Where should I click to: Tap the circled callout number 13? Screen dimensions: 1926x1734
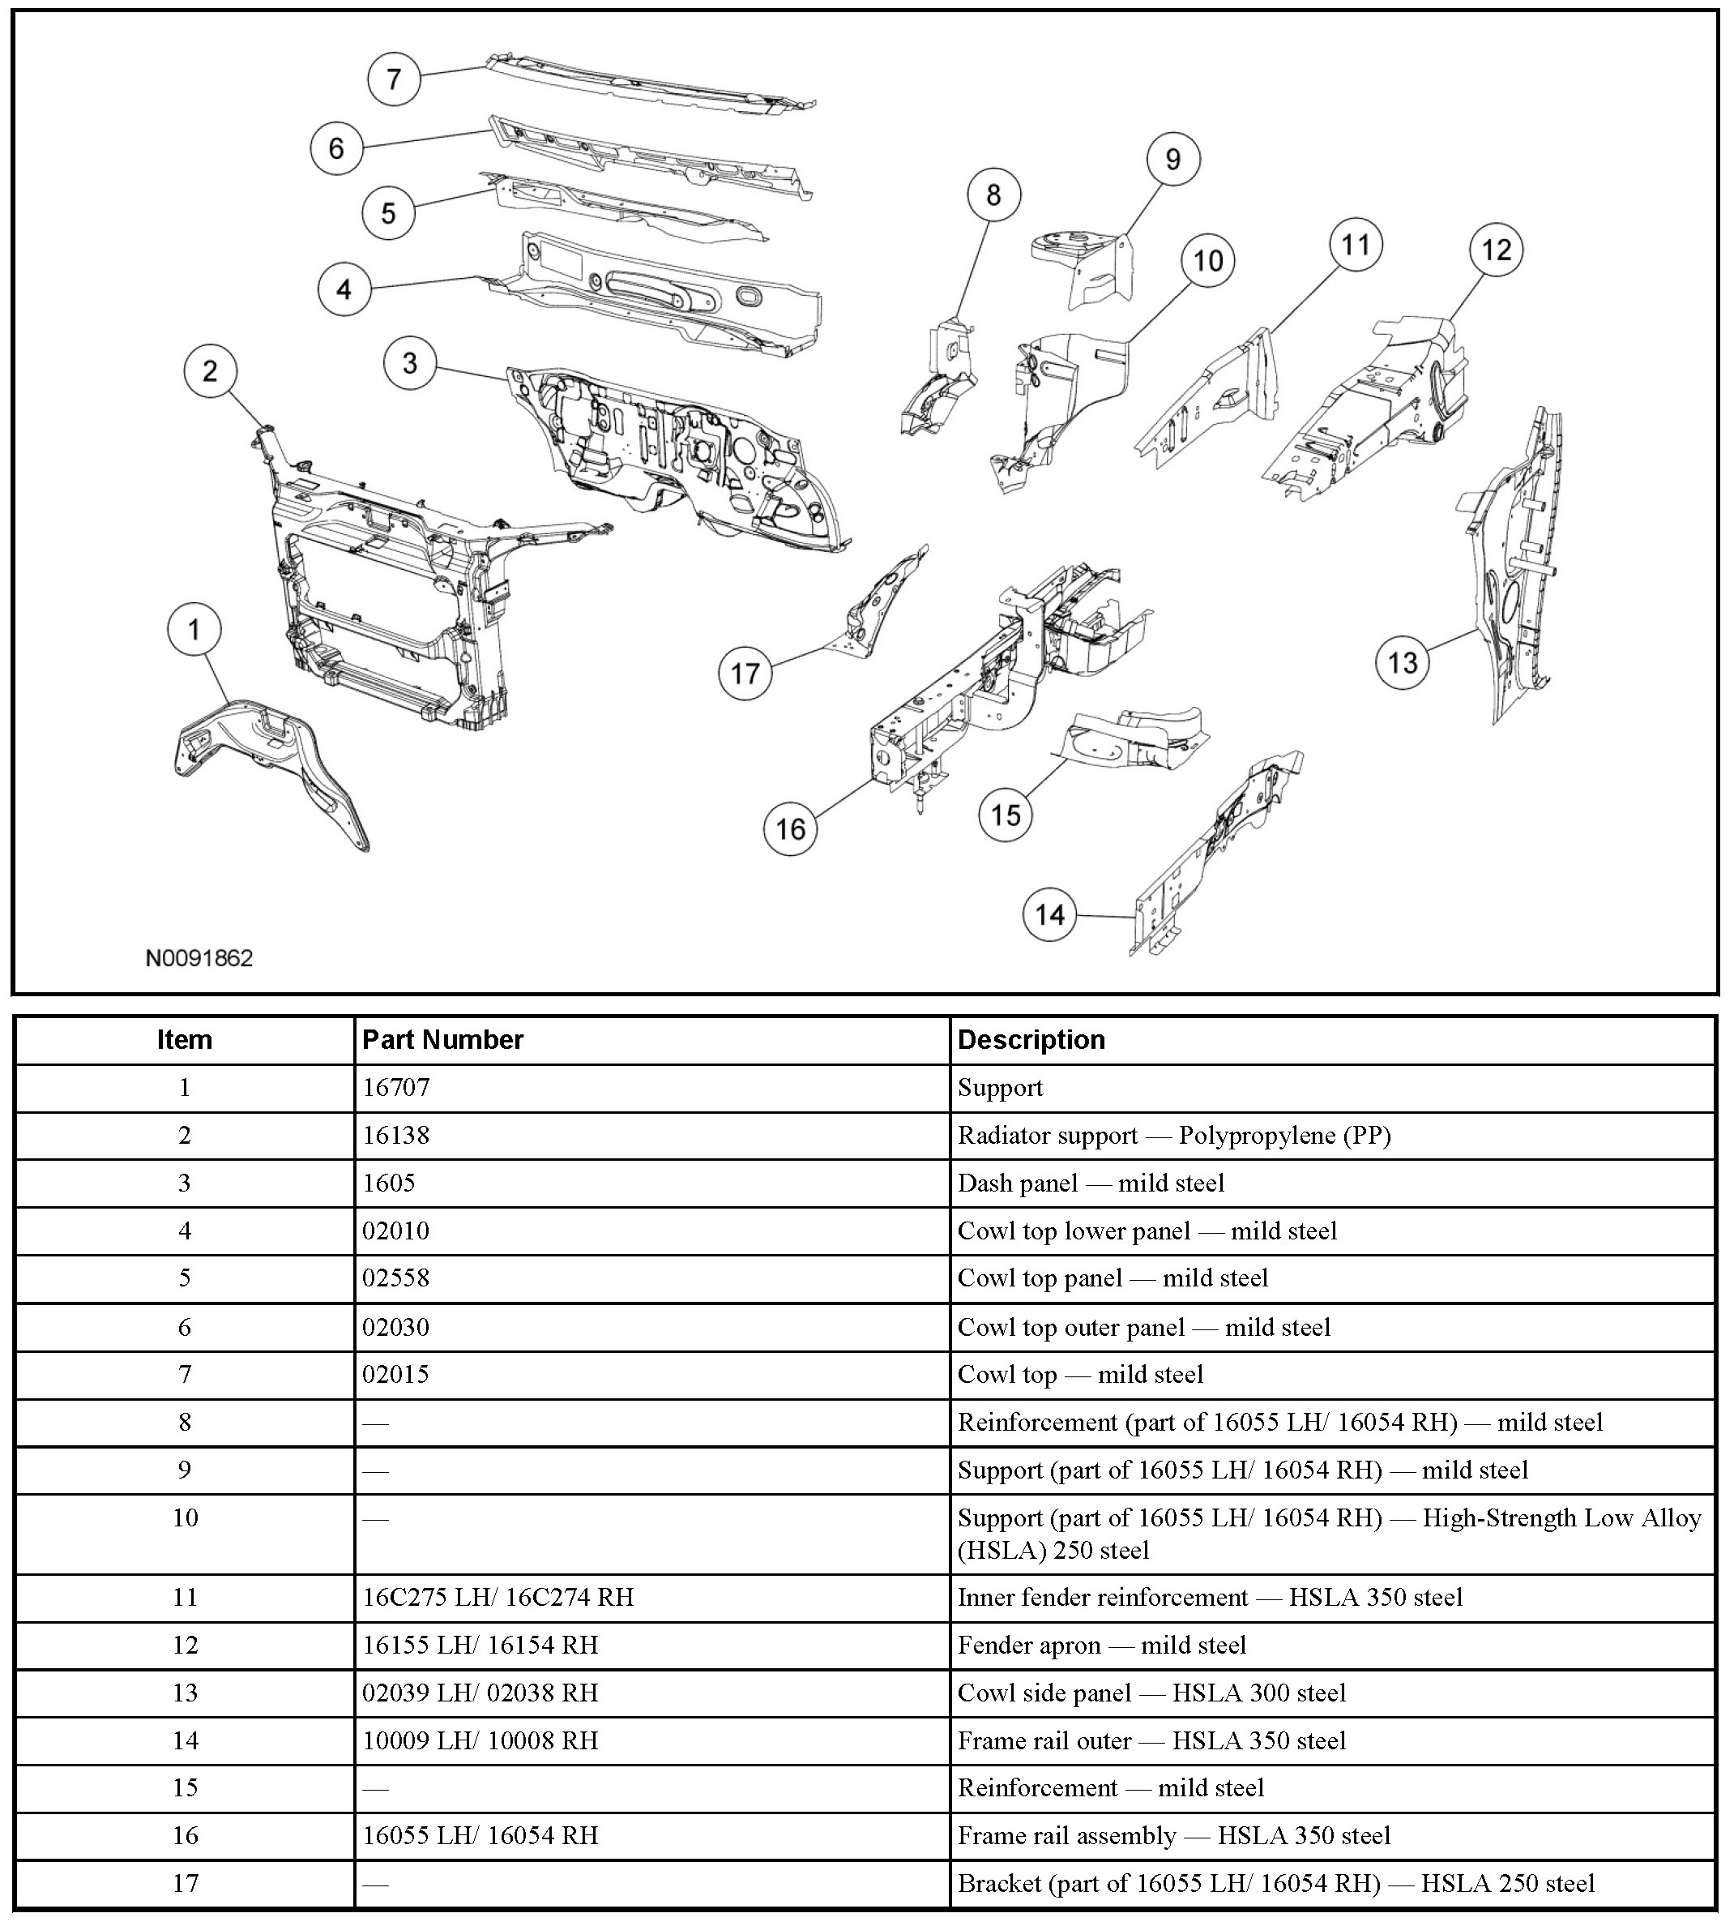click(x=1403, y=662)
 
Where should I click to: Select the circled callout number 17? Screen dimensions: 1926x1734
click(x=745, y=674)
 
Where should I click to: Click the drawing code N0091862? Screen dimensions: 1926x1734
click(x=199, y=958)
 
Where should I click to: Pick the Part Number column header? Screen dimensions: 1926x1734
click(x=443, y=1040)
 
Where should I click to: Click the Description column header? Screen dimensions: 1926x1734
click(x=1031, y=1040)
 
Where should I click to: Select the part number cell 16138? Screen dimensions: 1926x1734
click(x=396, y=1135)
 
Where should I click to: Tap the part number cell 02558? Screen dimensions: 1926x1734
click(x=396, y=1278)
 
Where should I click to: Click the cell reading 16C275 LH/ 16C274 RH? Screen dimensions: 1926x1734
click(x=498, y=1597)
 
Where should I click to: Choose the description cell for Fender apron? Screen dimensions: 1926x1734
click(x=1101, y=1645)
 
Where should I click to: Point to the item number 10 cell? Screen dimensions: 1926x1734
click(x=185, y=1518)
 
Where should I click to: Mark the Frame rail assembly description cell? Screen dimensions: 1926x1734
click(x=1174, y=1835)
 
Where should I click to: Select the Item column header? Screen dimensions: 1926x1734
click(x=185, y=1040)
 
